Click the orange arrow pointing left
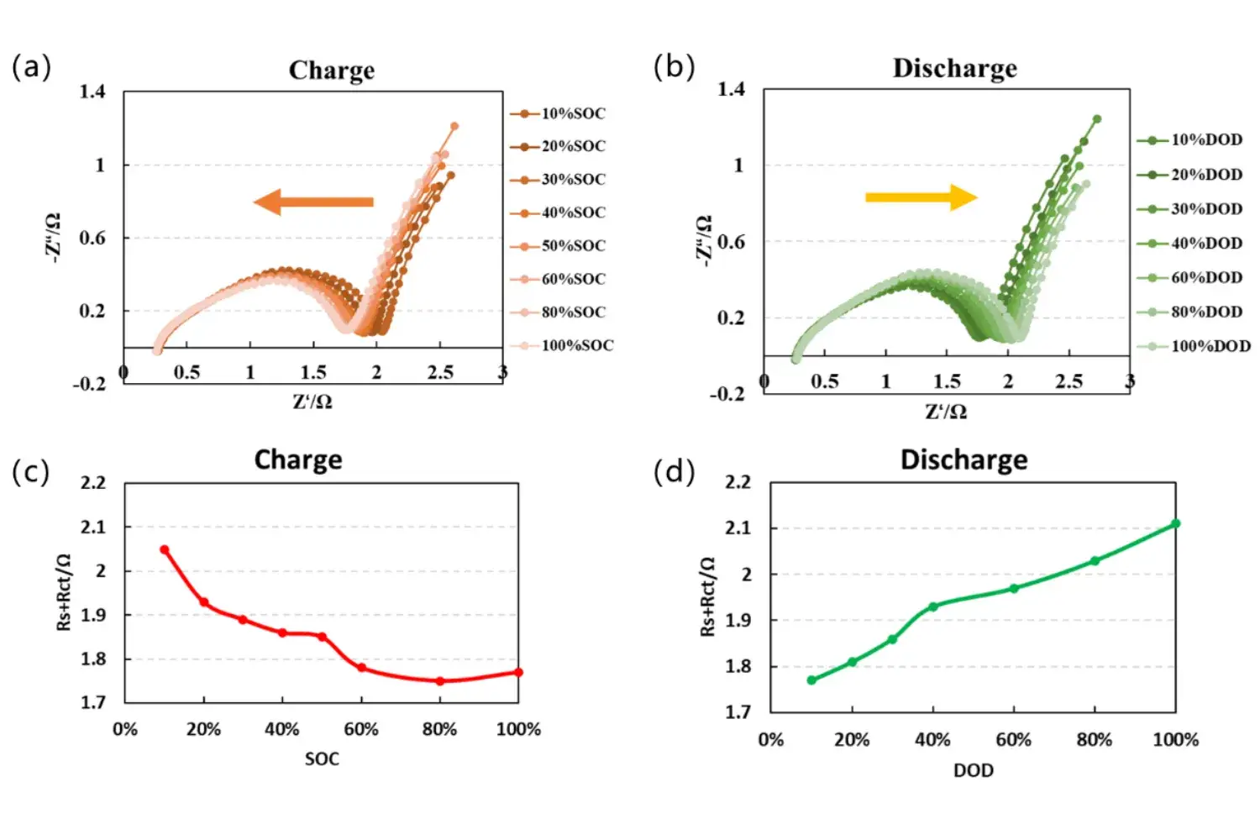coord(312,202)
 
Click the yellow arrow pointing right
coord(921,197)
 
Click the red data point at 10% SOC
coord(165,550)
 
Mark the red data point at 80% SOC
coord(440,681)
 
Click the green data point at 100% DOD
coord(1176,523)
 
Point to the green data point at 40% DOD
coord(933,606)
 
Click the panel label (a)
coord(31,66)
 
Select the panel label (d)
coord(675,472)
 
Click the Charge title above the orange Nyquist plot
coord(332,71)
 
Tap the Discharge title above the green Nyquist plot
coord(954,68)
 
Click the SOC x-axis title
coord(322,759)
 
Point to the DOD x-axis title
coord(973,770)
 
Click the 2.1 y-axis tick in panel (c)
coord(93,528)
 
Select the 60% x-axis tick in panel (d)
coord(1013,740)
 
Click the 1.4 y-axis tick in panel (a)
coord(92,92)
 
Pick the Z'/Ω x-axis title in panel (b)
coord(946,412)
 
